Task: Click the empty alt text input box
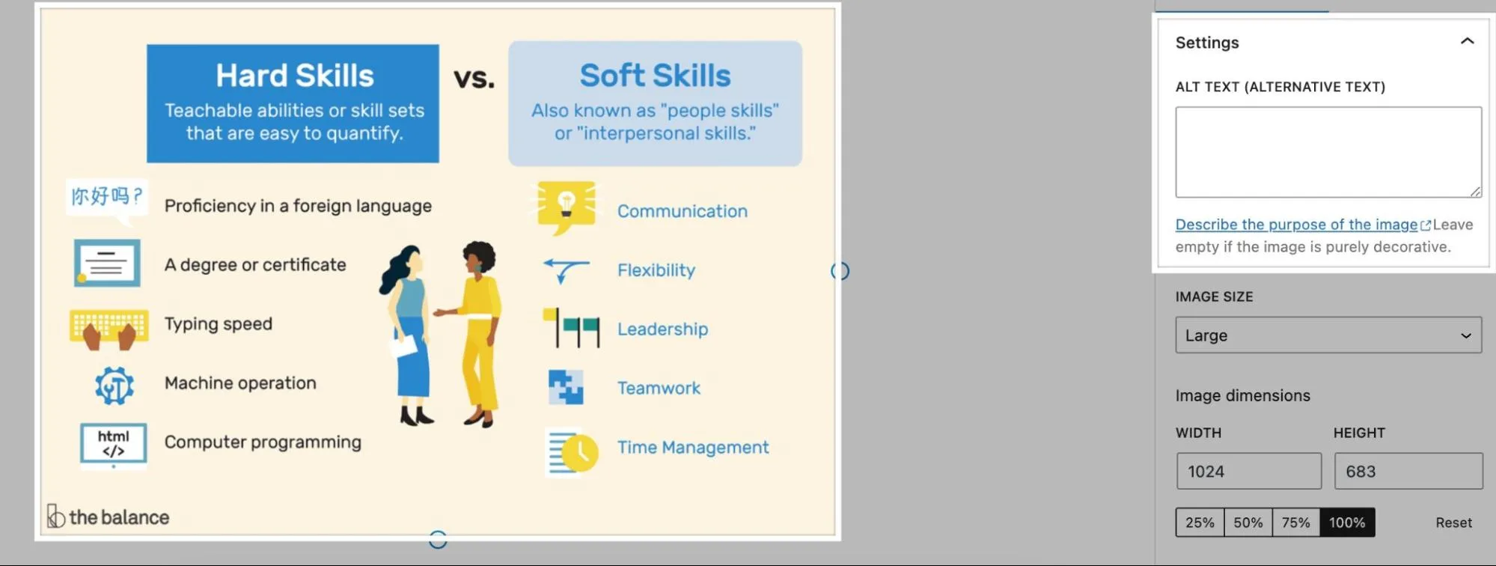coord(1328,152)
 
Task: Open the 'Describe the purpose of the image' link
coord(1296,225)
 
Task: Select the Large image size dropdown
coord(1328,335)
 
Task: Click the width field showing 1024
coord(1249,471)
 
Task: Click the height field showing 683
coord(1408,471)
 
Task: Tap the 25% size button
coord(1200,523)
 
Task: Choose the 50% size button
coord(1248,523)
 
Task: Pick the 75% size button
coord(1296,523)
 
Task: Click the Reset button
coord(1453,523)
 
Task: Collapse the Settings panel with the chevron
coord(1467,41)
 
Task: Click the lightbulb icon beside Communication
coord(567,207)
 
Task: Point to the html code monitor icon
coord(113,445)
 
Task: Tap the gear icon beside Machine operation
coord(115,386)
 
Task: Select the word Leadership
coord(662,329)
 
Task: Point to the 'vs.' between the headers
coord(474,77)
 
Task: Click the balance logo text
coord(119,517)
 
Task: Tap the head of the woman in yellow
coord(478,258)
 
